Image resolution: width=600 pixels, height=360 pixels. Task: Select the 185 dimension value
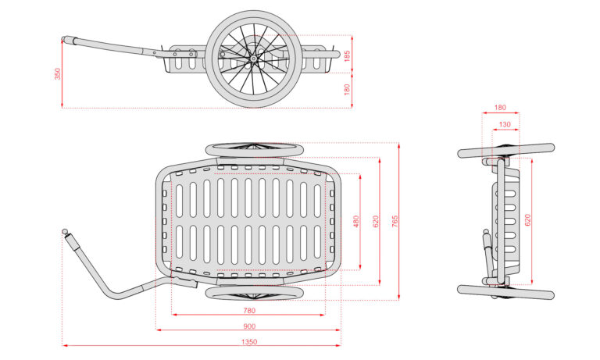pos(346,55)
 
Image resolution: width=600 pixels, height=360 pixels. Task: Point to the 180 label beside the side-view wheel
pos(346,91)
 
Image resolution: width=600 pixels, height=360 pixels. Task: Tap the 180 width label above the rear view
pos(500,108)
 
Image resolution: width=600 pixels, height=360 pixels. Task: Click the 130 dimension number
pos(504,124)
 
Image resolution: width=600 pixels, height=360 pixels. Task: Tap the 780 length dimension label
pos(249,310)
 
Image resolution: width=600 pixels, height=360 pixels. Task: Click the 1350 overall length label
pos(249,341)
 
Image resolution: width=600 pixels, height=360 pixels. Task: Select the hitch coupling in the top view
pos(66,232)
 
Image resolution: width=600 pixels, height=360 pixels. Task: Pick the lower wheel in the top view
pos(254,293)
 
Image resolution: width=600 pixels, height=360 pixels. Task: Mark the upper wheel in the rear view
pos(505,150)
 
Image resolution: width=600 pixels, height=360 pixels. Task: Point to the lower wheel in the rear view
pos(505,290)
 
